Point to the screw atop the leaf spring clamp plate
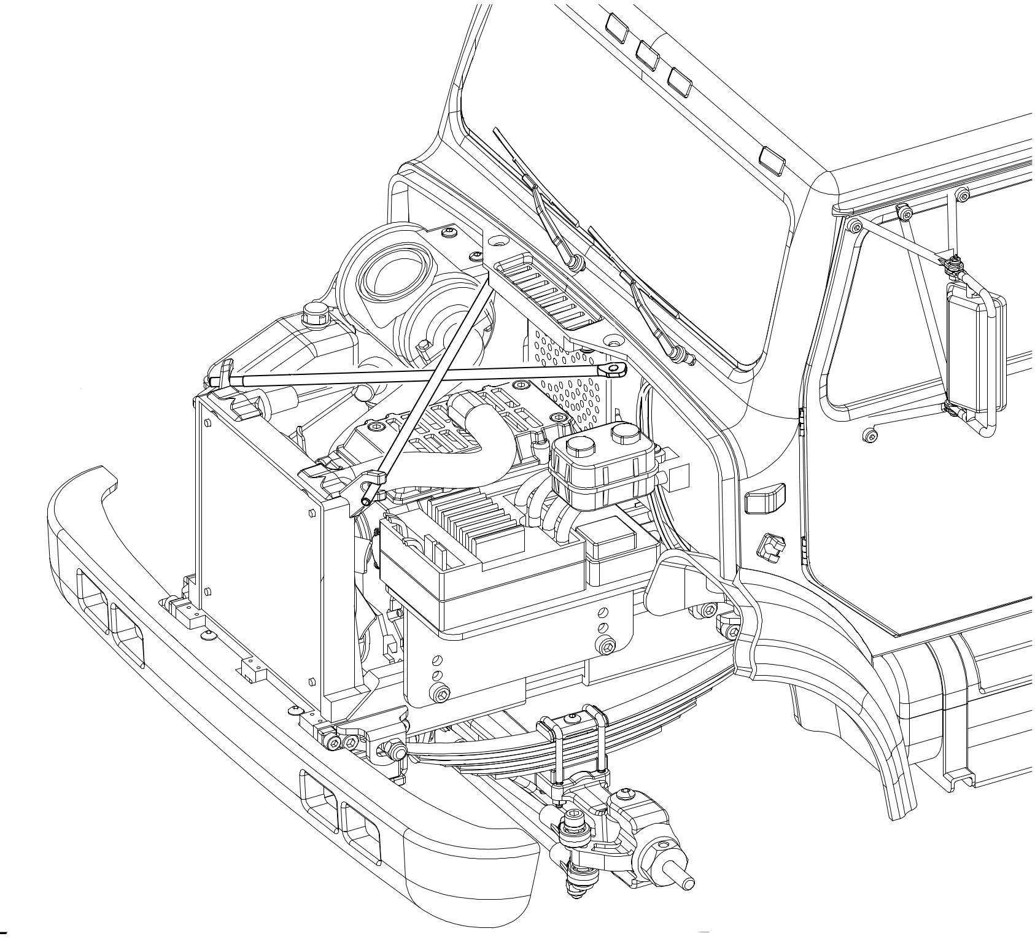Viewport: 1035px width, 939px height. (x=573, y=716)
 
